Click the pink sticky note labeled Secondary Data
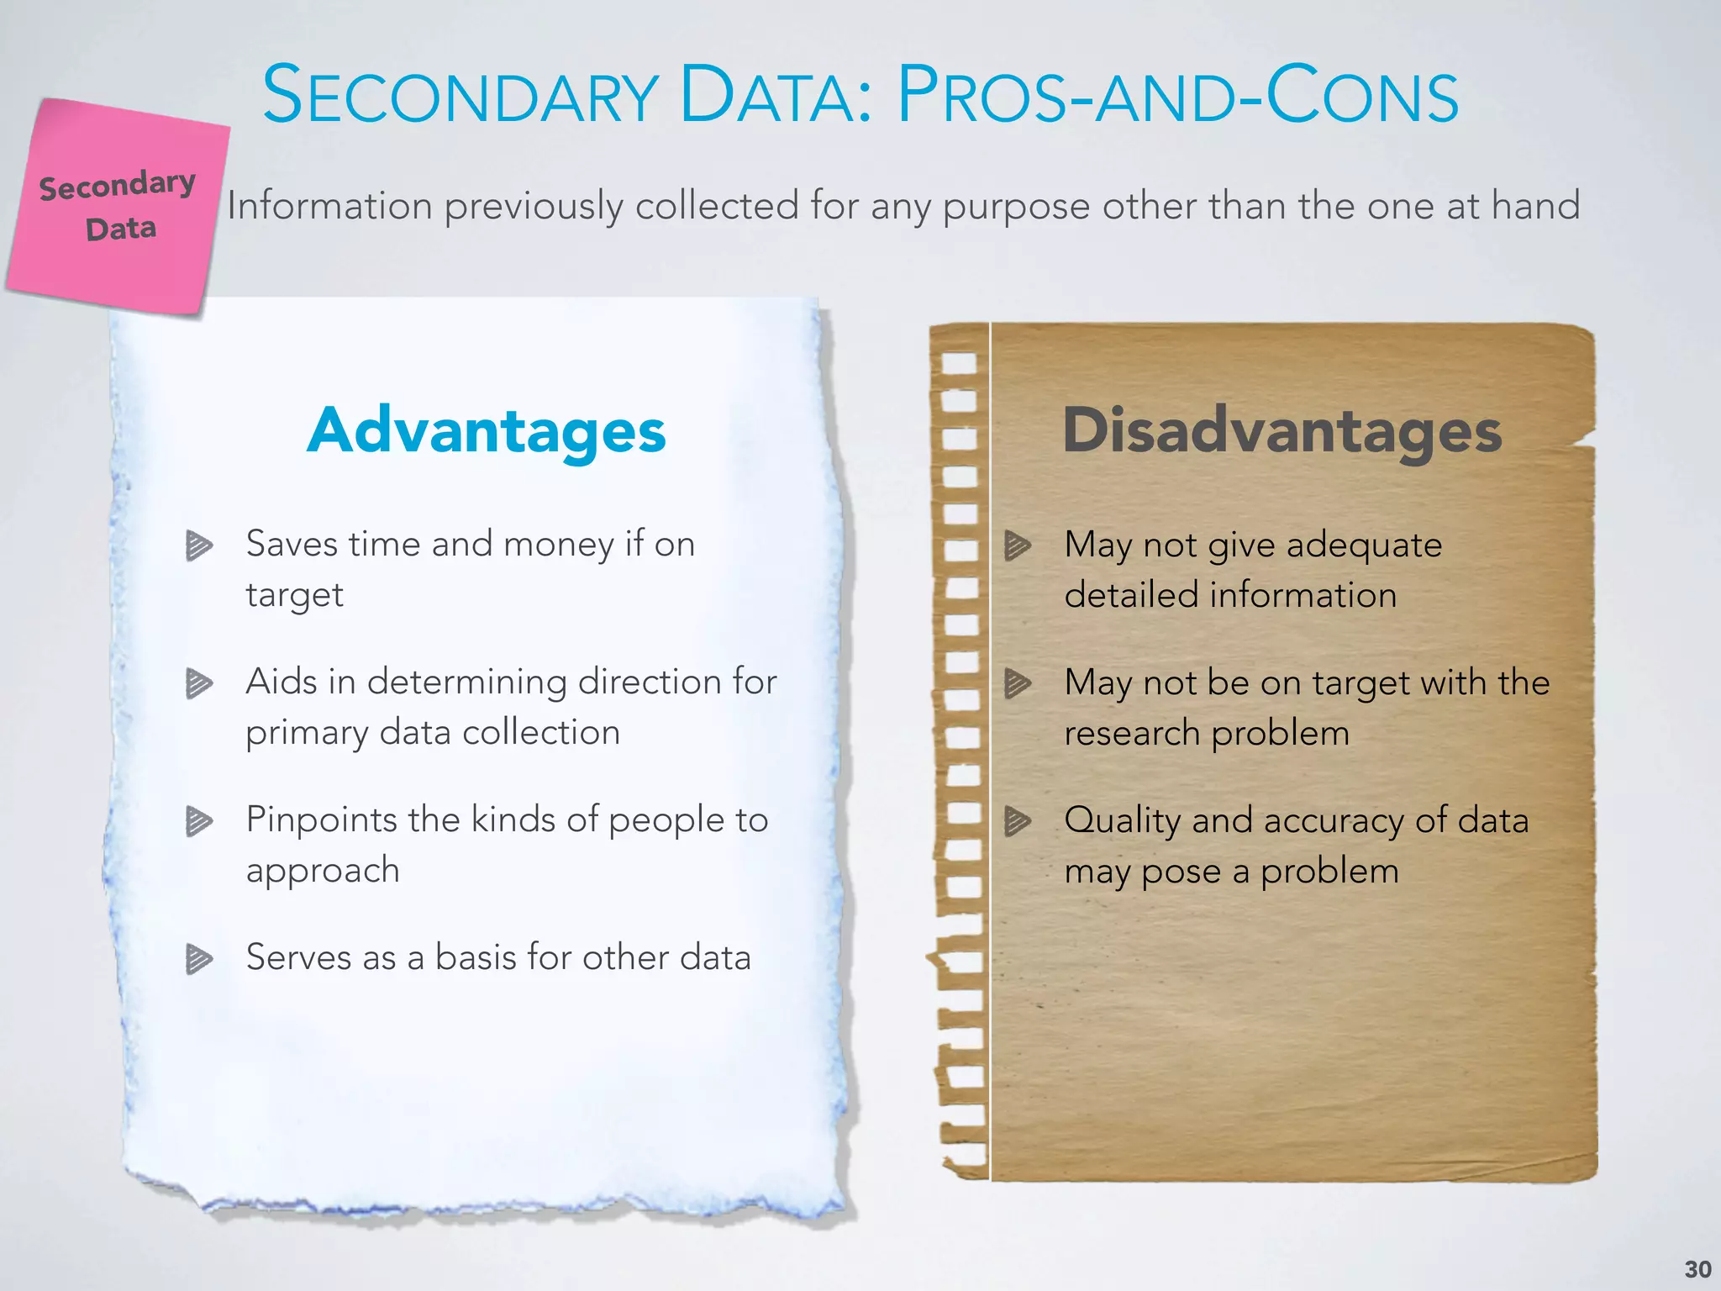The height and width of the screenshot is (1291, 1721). pos(118,206)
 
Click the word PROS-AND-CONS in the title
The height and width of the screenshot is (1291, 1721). pos(1177,96)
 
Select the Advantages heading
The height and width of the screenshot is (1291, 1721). pos(487,431)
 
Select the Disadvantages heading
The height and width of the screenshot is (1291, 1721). pos(1282,431)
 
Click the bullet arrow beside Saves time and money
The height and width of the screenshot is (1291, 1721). pos(198,545)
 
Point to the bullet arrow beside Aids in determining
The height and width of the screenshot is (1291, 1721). pos(198,683)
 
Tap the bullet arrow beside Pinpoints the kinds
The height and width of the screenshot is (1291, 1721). pos(198,821)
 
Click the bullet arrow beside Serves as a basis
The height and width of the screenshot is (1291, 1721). pos(198,959)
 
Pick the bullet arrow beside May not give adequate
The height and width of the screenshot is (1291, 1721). pos(1017,545)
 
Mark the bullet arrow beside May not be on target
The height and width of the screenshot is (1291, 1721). pos(1017,683)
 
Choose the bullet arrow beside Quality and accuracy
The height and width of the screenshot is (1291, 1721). pos(1017,821)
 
